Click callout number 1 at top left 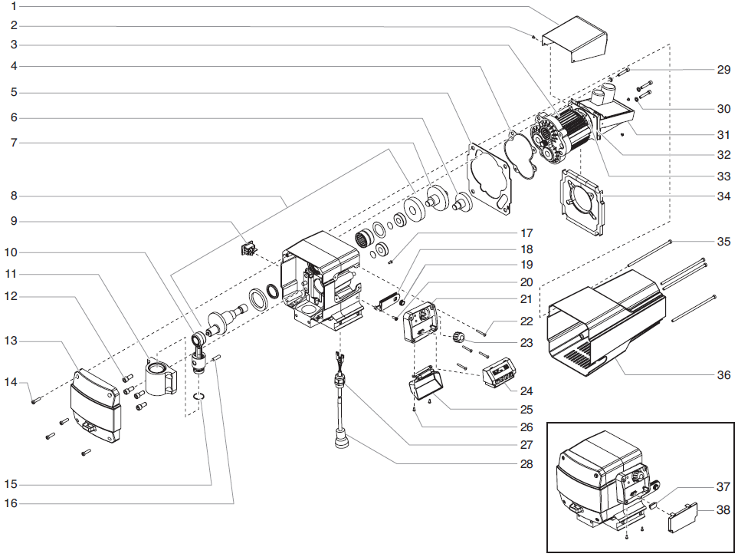(14, 5)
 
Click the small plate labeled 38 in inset (681, 517)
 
